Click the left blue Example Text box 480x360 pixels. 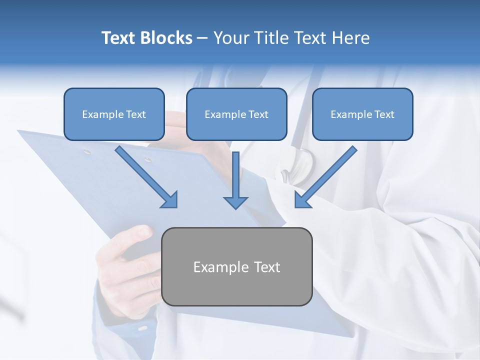pyautogui.click(x=114, y=114)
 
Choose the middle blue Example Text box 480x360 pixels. pyautogui.click(x=236, y=114)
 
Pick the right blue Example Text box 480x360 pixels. pyautogui.click(x=362, y=114)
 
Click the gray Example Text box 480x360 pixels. pyautogui.click(x=237, y=266)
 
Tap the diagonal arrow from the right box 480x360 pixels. pyautogui.click(x=327, y=175)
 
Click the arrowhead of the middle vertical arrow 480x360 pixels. pyautogui.click(x=235, y=202)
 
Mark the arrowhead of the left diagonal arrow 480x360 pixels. pyautogui.click(x=170, y=200)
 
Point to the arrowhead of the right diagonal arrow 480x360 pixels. pyautogui.click(x=302, y=199)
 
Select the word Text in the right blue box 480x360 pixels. pyautogui.click(x=384, y=114)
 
